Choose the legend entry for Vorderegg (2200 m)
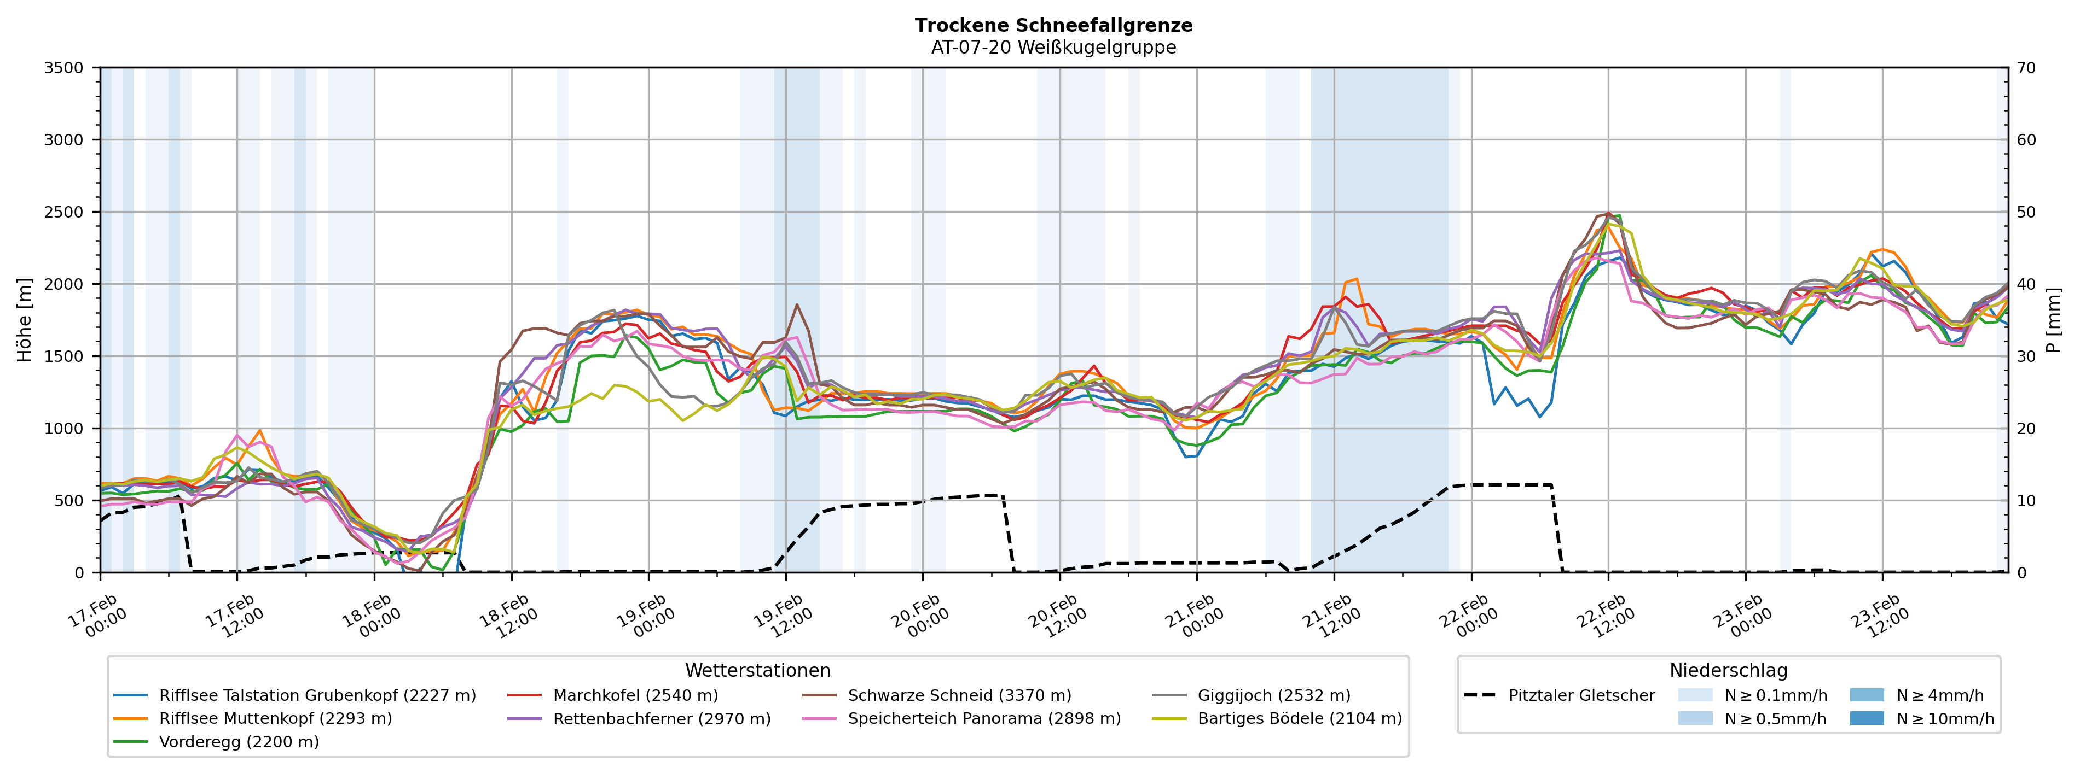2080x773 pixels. [238, 741]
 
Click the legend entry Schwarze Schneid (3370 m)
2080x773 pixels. [959, 695]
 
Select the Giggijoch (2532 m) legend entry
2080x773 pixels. [1273, 695]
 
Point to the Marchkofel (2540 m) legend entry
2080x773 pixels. [635, 695]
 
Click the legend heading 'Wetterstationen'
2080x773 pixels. [757, 671]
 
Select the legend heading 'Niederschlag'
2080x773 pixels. [1728, 671]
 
